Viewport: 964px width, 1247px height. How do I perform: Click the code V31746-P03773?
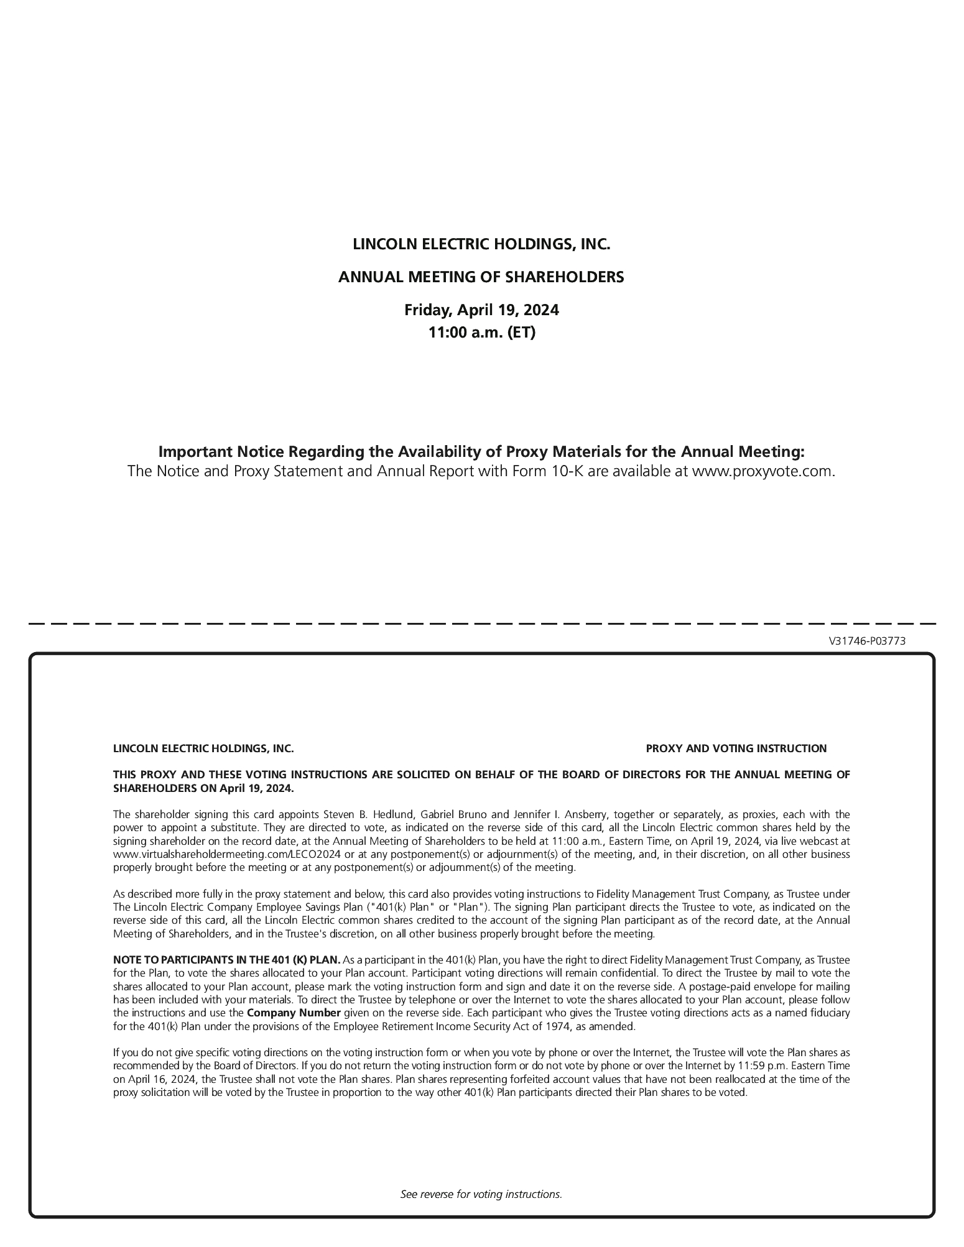[x=867, y=641]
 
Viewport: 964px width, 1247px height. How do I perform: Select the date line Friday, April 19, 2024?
[x=481, y=310]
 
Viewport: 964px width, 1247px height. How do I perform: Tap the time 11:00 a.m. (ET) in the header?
[x=481, y=333]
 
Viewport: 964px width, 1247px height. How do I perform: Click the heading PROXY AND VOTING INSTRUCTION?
[x=736, y=748]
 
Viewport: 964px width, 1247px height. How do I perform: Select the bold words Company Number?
[x=294, y=1013]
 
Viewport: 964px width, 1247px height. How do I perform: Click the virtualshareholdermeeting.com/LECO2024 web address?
[x=227, y=854]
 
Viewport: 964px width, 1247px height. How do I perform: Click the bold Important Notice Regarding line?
[x=481, y=451]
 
